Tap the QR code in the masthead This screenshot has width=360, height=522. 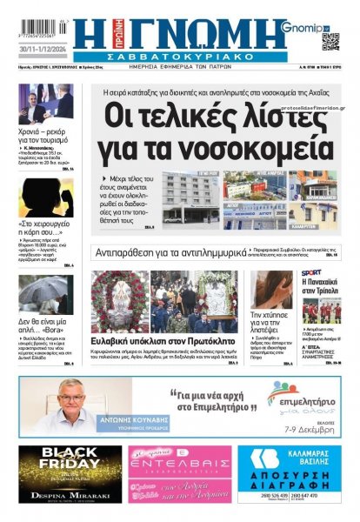click(x=330, y=41)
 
